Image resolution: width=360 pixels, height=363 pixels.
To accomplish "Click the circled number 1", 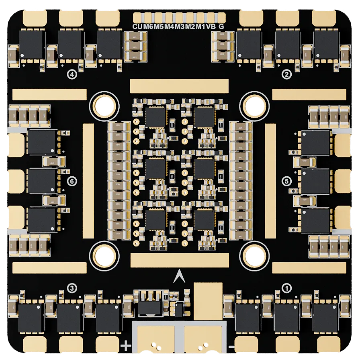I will coord(286,288).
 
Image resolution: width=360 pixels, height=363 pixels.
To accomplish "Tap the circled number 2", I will coord(286,74).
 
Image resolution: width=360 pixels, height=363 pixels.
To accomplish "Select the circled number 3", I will coord(72,288).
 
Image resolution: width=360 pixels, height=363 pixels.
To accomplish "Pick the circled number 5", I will coord(286,181).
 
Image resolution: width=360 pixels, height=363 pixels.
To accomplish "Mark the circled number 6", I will coord(72,181).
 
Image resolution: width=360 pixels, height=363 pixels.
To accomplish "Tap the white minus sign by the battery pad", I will coord(231,346).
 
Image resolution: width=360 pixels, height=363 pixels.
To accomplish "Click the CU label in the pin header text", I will coord(138,27).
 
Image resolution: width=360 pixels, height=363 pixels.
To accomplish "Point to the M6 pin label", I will coord(148,27).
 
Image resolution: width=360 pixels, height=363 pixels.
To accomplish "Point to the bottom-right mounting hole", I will coord(254,254).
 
